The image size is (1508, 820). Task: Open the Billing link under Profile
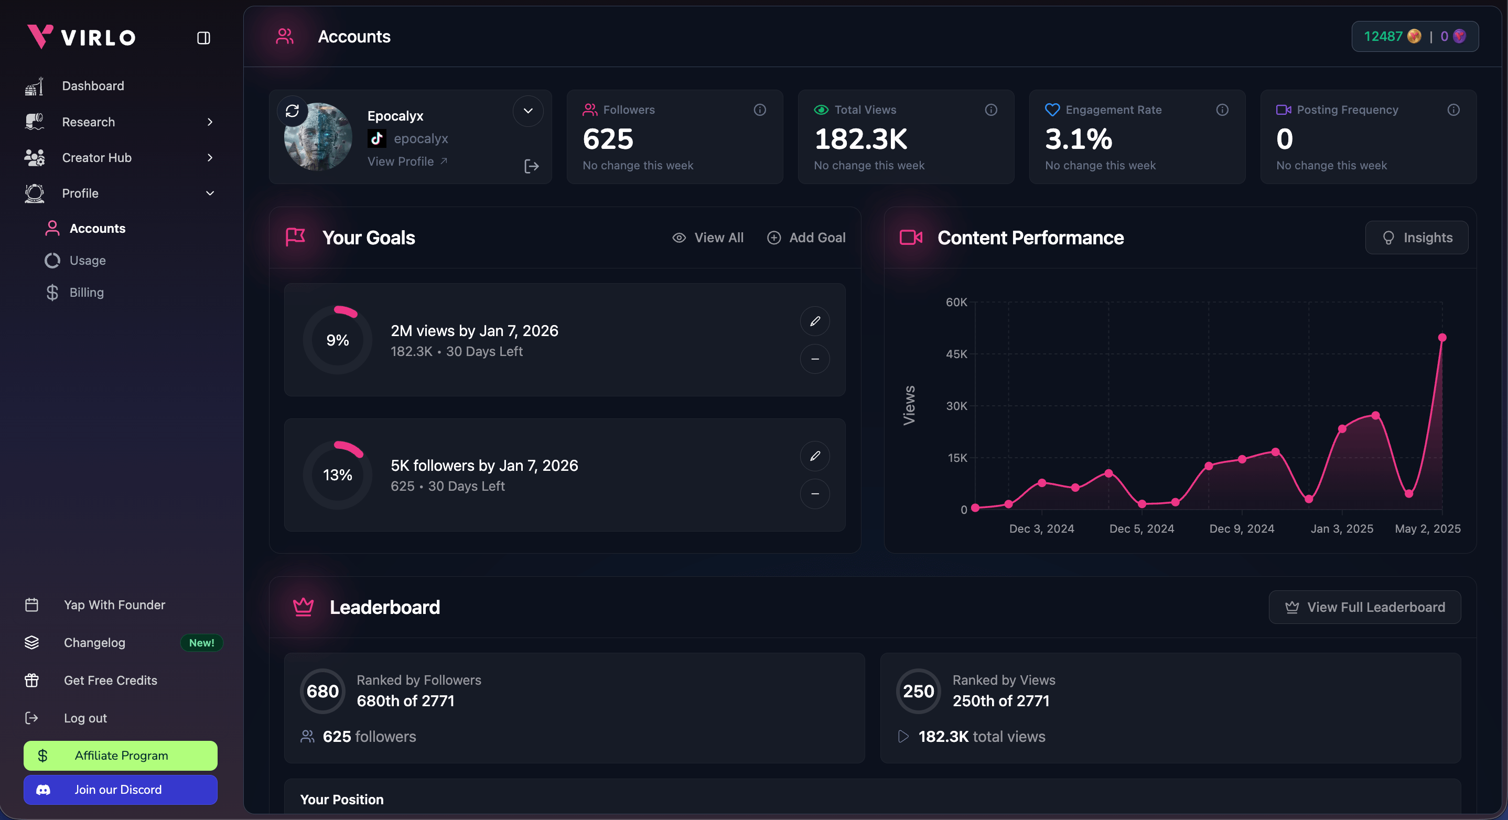click(x=86, y=292)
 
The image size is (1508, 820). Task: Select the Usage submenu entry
click(x=87, y=261)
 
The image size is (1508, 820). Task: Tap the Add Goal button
click(x=806, y=238)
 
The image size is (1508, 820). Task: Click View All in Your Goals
click(x=708, y=238)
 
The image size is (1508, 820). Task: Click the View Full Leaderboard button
click(x=1364, y=607)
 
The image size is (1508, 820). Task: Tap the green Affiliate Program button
click(x=121, y=756)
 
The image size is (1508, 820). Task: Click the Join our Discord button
click(x=121, y=790)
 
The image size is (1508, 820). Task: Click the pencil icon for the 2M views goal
click(x=815, y=321)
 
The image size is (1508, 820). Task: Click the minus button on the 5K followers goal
click(x=815, y=494)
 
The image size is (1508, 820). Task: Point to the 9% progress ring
click(x=338, y=340)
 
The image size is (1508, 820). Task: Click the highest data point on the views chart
click(x=1442, y=338)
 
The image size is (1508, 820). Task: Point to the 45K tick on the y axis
click(x=956, y=354)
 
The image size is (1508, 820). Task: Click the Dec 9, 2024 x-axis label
click(x=1242, y=528)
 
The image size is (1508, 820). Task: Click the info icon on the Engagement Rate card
click(x=1222, y=110)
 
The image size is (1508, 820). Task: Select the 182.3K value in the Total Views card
click(x=860, y=139)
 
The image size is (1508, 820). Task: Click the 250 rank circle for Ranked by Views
click(x=918, y=691)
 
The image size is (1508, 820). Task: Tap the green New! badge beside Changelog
click(x=201, y=643)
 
